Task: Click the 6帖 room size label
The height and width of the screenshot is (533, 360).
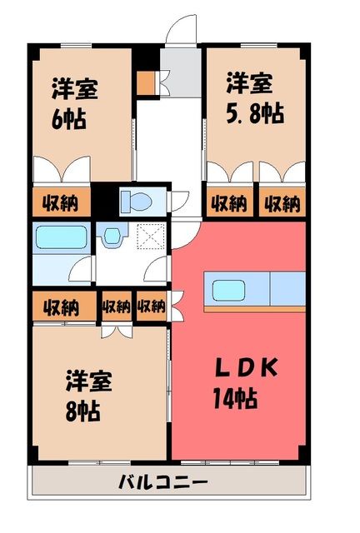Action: click(68, 118)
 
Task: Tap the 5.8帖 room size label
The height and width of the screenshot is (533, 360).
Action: click(255, 113)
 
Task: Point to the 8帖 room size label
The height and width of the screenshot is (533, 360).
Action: click(82, 411)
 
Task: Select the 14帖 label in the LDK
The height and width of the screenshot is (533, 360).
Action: click(235, 398)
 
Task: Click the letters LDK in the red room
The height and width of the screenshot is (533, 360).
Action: click(247, 367)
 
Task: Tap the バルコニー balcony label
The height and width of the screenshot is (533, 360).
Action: click(163, 481)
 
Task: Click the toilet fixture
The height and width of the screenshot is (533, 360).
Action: click(137, 202)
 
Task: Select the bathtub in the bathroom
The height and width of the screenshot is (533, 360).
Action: click(61, 237)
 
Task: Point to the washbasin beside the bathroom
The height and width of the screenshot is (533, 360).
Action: click(112, 235)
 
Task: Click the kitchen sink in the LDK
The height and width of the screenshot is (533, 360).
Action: click(228, 290)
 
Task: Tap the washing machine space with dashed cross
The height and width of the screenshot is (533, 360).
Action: click(151, 236)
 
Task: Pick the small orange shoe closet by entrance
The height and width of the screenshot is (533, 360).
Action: click(146, 83)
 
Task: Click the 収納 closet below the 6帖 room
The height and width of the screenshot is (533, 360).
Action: click(61, 202)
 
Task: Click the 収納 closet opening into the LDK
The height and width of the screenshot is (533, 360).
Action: click(152, 306)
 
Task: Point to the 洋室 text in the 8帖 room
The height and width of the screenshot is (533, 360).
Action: click(89, 381)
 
